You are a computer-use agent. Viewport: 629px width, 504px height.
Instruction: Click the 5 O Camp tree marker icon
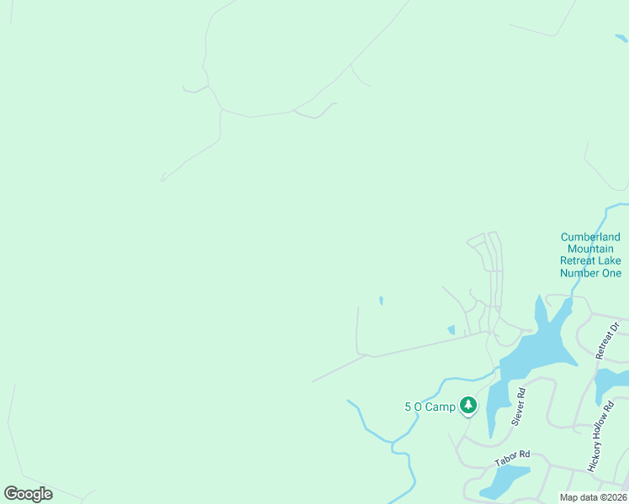(x=468, y=406)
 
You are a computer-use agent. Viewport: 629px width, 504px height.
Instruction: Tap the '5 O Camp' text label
(x=430, y=407)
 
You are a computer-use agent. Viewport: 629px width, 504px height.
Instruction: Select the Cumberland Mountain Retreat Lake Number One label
(x=591, y=255)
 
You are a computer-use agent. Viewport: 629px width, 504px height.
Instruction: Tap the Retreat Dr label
(x=608, y=340)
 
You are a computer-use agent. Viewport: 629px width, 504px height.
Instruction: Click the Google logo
(x=28, y=494)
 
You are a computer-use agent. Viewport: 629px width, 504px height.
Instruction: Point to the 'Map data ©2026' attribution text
(x=593, y=497)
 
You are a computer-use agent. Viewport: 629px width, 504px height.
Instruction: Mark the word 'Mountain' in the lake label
(x=591, y=249)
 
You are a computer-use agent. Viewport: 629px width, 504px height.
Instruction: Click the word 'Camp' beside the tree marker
(x=440, y=407)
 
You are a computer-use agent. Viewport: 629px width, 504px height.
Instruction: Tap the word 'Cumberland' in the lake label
(x=591, y=238)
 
